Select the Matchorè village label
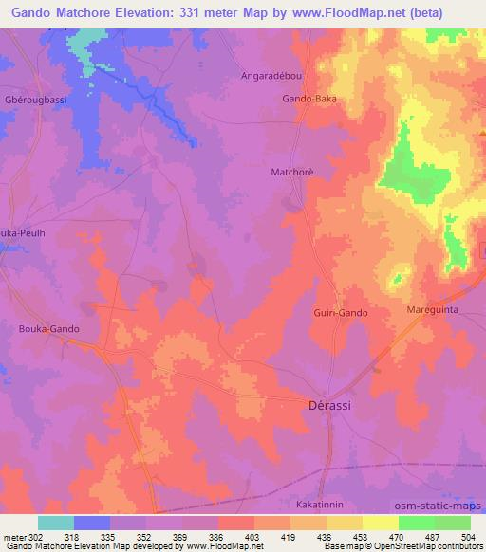[x=291, y=172]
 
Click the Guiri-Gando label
[x=339, y=312]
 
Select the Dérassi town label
[x=332, y=402]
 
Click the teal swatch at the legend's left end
[x=56, y=522]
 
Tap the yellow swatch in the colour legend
[x=381, y=522]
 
